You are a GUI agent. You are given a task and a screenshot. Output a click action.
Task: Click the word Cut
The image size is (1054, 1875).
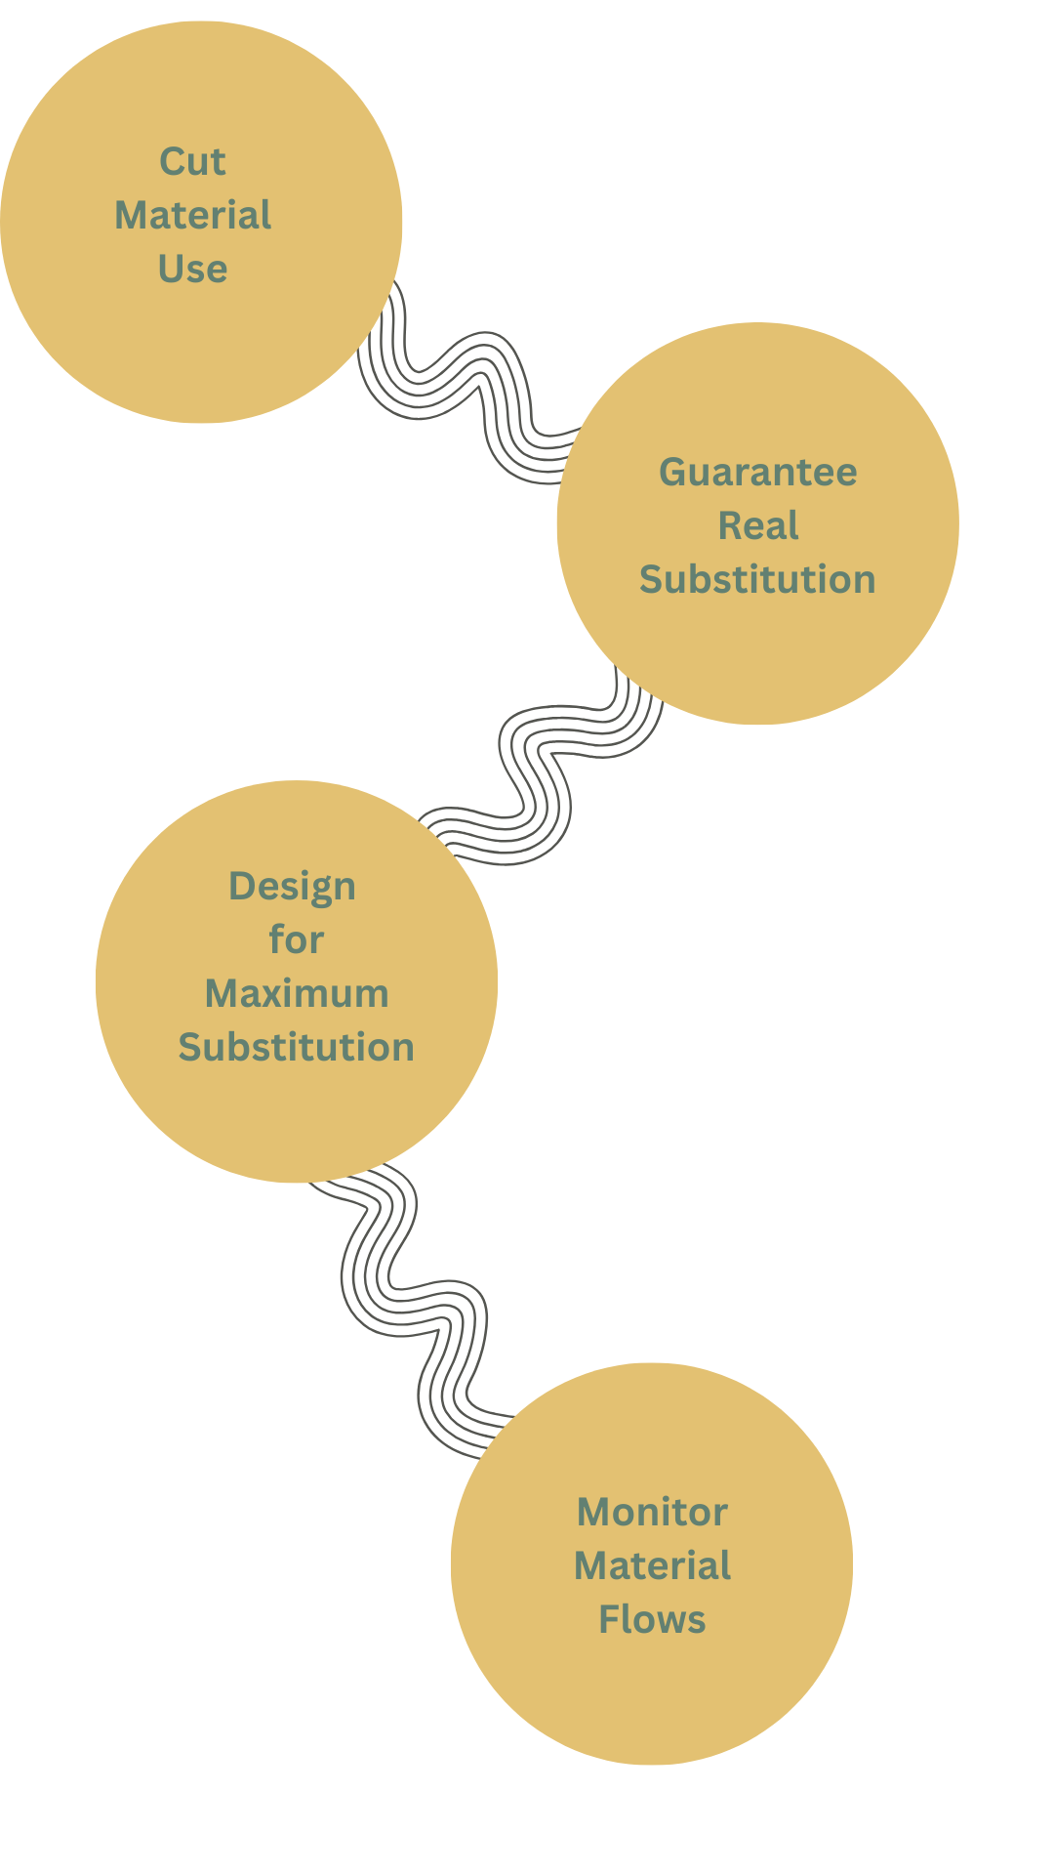pyautogui.click(x=192, y=162)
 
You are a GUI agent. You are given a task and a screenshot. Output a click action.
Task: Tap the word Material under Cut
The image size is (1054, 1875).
pyautogui.click(x=192, y=216)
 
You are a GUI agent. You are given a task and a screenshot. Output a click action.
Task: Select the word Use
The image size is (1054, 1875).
pyautogui.click(x=192, y=270)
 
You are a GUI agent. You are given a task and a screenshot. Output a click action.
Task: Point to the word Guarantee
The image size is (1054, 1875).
pyautogui.click(x=758, y=473)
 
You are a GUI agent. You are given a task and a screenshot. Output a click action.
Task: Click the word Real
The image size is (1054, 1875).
pyautogui.click(x=758, y=526)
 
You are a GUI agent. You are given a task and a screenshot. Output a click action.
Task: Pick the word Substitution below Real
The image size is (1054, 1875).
pyautogui.click(x=757, y=580)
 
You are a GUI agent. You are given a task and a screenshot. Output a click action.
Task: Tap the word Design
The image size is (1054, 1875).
pyautogui.click(x=292, y=887)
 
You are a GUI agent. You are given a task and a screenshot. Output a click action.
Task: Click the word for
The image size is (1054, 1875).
pyautogui.click(x=296, y=940)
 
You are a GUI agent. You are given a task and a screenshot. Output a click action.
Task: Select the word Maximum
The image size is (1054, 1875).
pyautogui.click(x=297, y=994)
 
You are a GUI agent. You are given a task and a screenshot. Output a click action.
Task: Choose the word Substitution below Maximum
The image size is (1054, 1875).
pyautogui.click(x=297, y=1048)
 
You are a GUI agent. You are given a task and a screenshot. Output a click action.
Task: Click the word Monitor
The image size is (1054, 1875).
pyautogui.click(x=652, y=1513)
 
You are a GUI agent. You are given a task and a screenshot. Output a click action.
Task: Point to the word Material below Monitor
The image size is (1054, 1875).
pyautogui.click(x=652, y=1566)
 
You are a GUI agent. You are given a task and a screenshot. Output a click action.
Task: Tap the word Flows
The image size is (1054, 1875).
pyautogui.click(x=652, y=1620)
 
